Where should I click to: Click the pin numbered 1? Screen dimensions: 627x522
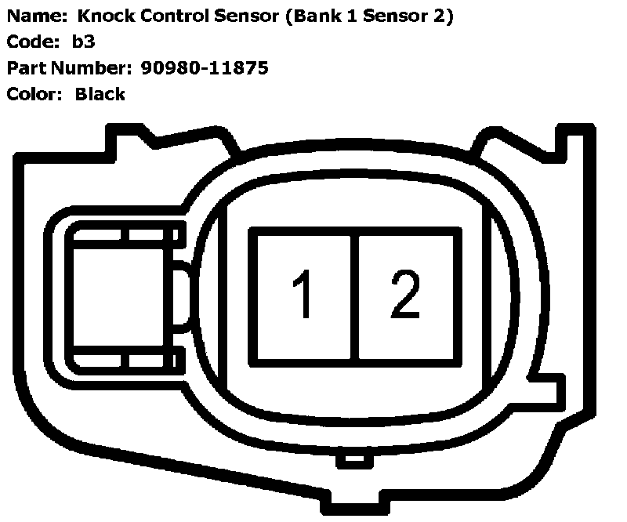[x=303, y=296]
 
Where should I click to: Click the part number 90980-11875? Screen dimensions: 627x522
[x=205, y=68]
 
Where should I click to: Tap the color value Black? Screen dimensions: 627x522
[x=100, y=94]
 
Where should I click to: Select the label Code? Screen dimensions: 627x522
[x=28, y=42]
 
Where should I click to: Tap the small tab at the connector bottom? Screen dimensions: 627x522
[x=355, y=459]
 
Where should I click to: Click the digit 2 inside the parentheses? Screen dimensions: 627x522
[x=440, y=16]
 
